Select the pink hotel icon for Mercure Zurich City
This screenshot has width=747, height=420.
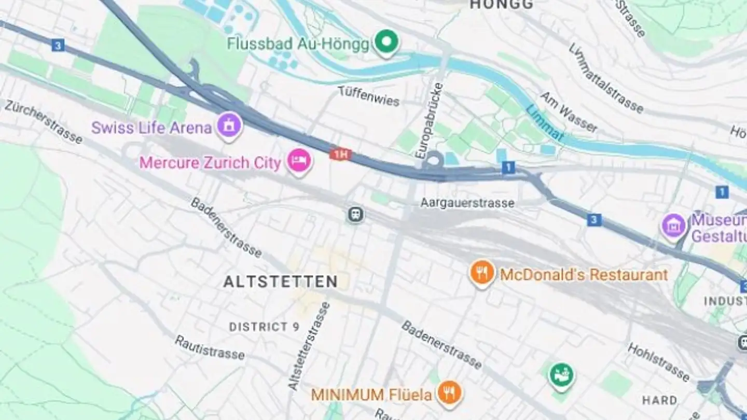pyautogui.click(x=300, y=161)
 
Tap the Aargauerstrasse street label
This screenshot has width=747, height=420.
pyautogui.click(x=467, y=203)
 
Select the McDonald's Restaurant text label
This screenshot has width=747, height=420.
pyautogui.click(x=584, y=274)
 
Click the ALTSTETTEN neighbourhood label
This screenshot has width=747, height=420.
pyautogui.click(x=280, y=282)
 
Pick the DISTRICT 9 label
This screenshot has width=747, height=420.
pyautogui.click(x=265, y=327)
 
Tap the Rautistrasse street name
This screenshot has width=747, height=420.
pyautogui.click(x=209, y=347)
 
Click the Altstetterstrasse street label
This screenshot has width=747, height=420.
pyautogui.click(x=309, y=346)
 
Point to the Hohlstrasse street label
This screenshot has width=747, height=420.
pyautogui.click(x=658, y=362)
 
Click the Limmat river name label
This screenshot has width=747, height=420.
pyautogui.click(x=544, y=123)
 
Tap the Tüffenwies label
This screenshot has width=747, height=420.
pyautogui.click(x=368, y=96)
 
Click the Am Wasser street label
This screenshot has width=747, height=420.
pyautogui.click(x=569, y=113)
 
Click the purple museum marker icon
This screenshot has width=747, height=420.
pyautogui.click(x=673, y=226)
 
